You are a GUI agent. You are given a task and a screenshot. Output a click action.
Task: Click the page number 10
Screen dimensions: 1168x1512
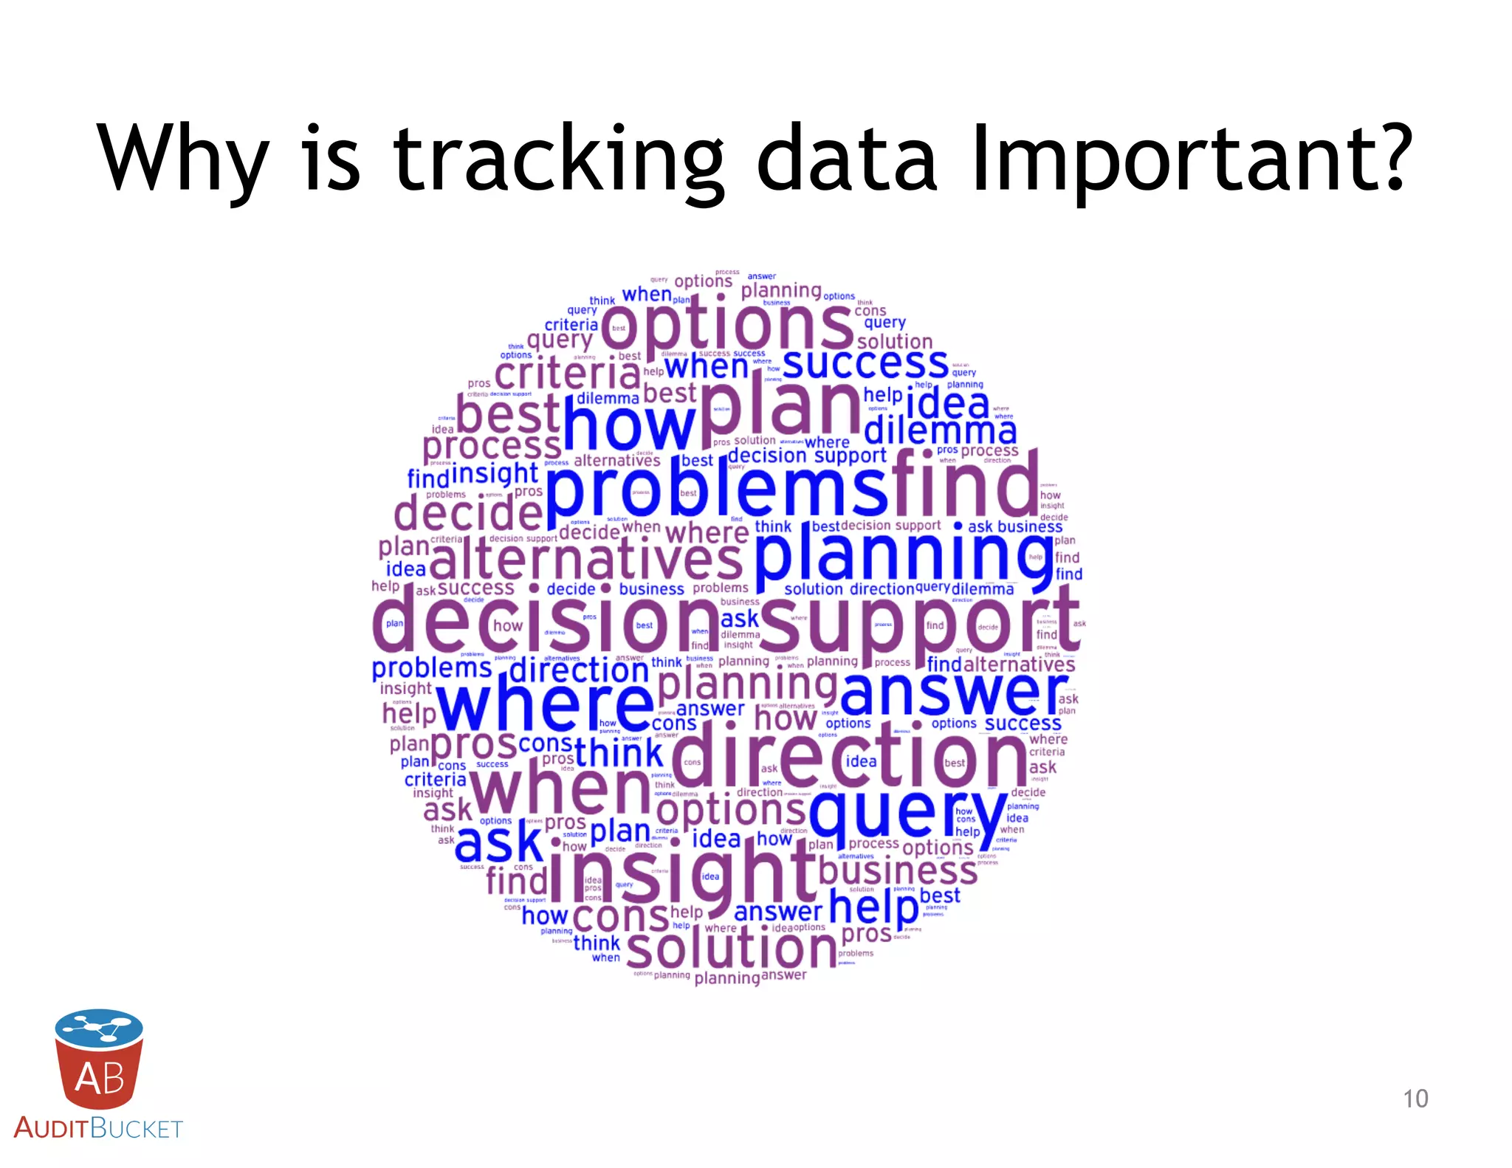1415,1099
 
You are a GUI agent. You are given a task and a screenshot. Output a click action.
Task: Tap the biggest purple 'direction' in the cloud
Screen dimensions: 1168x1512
849,757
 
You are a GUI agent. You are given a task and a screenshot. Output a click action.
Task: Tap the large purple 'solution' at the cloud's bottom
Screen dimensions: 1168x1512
732,948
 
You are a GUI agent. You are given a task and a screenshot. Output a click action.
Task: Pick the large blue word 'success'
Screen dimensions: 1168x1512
865,363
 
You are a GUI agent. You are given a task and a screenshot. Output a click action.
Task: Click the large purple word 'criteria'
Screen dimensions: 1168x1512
567,374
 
